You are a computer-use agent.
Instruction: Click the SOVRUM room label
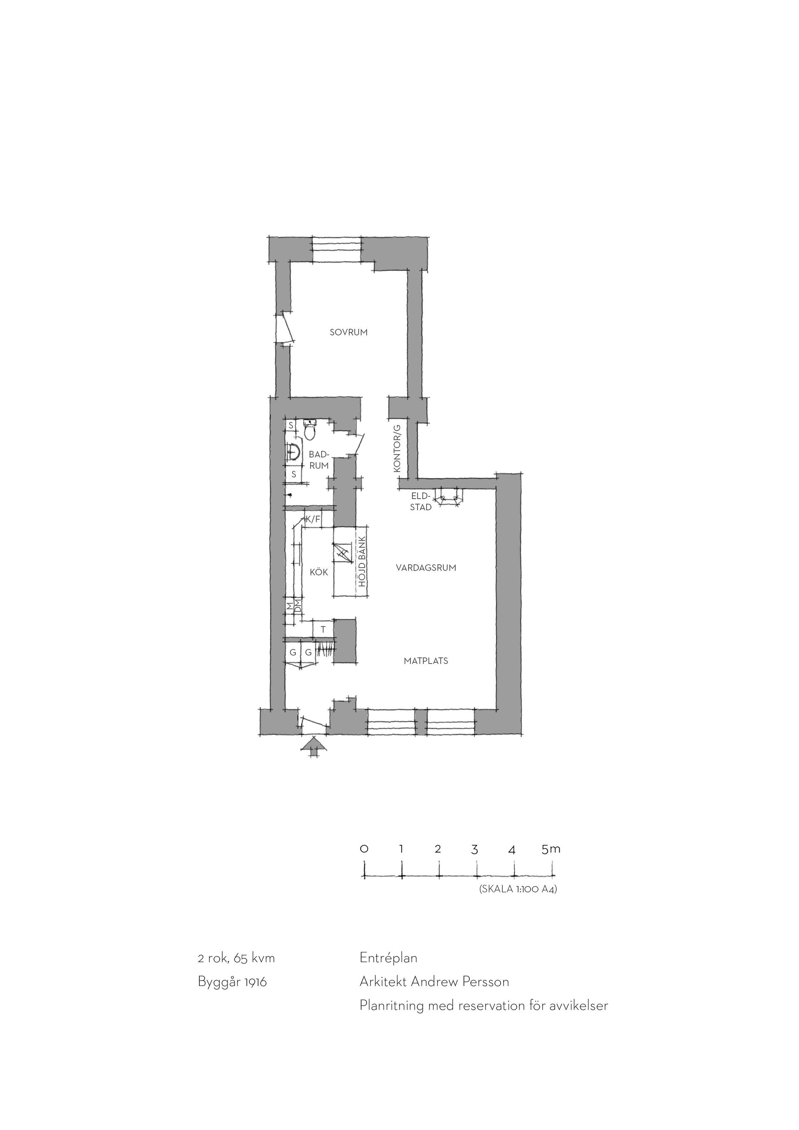click(348, 332)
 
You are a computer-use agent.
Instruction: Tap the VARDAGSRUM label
click(426, 567)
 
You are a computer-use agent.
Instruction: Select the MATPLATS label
click(426, 661)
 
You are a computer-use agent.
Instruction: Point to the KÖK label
click(319, 572)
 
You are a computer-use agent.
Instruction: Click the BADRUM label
click(319, 460)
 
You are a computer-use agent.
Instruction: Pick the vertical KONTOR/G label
click(397, 448)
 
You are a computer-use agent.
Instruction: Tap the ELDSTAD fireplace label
click(421, 502)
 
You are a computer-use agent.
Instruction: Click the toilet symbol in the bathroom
click(310, 431)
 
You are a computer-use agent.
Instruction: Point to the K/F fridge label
click(313, 519)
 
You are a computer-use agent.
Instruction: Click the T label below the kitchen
click(323, 629)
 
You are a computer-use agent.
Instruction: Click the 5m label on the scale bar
click(551, 849)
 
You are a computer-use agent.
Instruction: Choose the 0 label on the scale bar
click(364, 849)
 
